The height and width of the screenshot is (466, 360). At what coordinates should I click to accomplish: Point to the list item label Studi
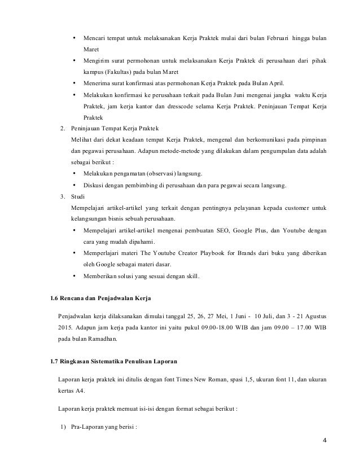(x=78, y=196)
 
